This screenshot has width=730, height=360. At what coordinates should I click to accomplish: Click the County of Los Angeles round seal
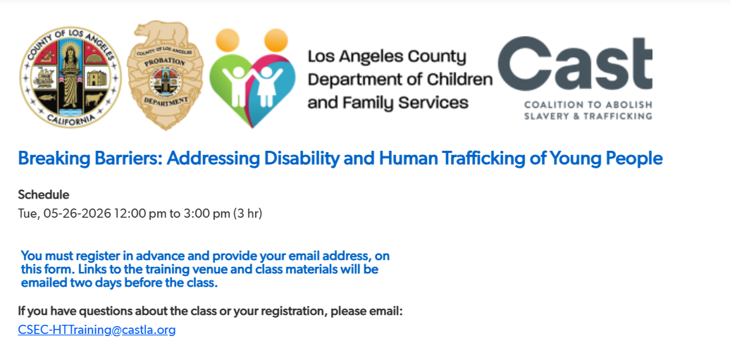[x=70, y=77]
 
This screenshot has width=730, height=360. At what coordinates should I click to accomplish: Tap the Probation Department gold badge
[x=166, y=75]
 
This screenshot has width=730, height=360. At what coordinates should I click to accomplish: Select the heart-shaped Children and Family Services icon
[x=252, y=77]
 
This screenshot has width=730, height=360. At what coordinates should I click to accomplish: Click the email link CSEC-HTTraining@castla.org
[x=97, y=330]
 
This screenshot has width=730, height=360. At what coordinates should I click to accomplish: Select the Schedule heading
[x=43, y=194]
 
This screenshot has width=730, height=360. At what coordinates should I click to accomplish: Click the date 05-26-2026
[x=78, y=213]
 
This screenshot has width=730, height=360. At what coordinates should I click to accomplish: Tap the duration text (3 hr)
[x=248, y=213]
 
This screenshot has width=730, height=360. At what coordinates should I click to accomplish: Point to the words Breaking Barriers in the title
[x=92, y=159]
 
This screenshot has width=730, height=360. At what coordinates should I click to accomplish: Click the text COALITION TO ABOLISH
[x=588, y=104]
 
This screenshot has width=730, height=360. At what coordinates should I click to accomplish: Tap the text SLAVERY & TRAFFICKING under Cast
[x=588, y=116]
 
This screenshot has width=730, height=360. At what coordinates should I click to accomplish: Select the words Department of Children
[x=400, y=80]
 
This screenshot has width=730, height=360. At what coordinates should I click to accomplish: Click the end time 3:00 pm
[x=206, y=213]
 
